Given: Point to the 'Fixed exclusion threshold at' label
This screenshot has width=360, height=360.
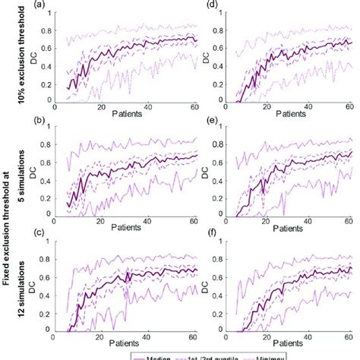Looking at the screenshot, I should [10, 228].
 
